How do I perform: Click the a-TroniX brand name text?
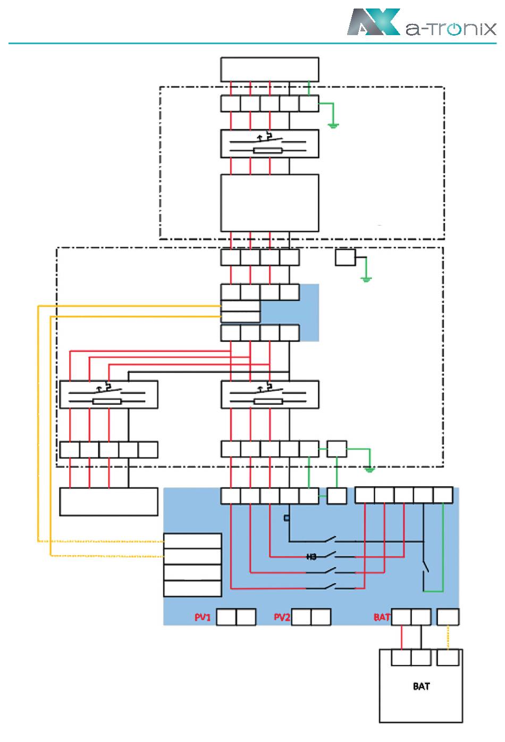[450, 29]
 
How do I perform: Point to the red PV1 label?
[203, 617]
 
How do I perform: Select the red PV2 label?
[282, 617]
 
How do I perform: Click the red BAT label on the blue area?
[382, 617]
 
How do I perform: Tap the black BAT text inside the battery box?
[421, 686]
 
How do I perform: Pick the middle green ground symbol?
[366, 278]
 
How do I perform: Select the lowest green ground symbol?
[370, 469]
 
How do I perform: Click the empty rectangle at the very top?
[270, 70]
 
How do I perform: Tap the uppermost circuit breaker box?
[270, 144]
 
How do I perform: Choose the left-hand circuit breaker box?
[108, 395]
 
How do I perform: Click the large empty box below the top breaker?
[270, 203]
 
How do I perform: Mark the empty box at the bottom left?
[108, 502]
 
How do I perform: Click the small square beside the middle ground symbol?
[345, 257]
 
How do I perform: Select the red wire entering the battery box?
[401, 637]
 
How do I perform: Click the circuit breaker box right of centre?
[270, 395]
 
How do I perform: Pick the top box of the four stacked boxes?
[192, 541]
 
